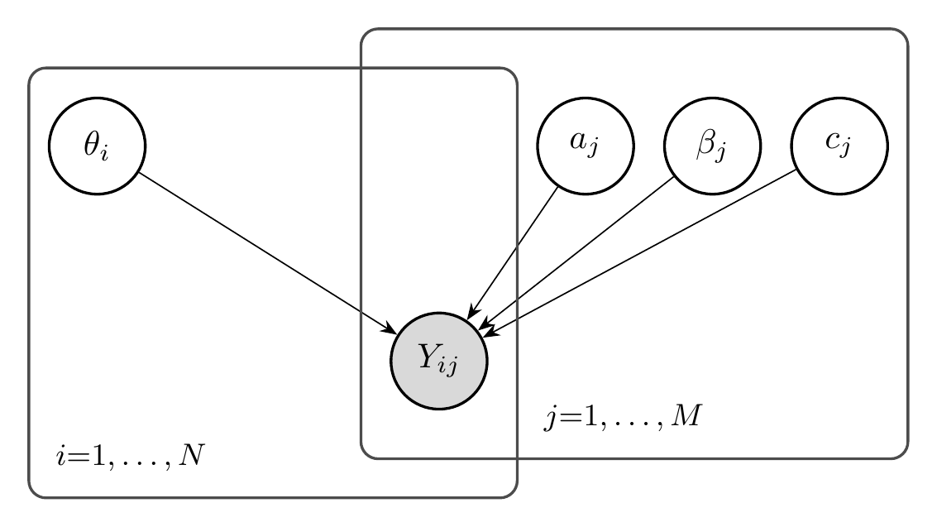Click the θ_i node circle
[97, 146]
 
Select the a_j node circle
[586, 146]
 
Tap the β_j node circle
[713, 146]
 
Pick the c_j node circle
[839, 146]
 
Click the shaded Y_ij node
[439, 362]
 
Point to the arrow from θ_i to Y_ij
[265, 252]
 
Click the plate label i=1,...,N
[128, 458]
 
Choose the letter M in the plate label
[686, 415]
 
